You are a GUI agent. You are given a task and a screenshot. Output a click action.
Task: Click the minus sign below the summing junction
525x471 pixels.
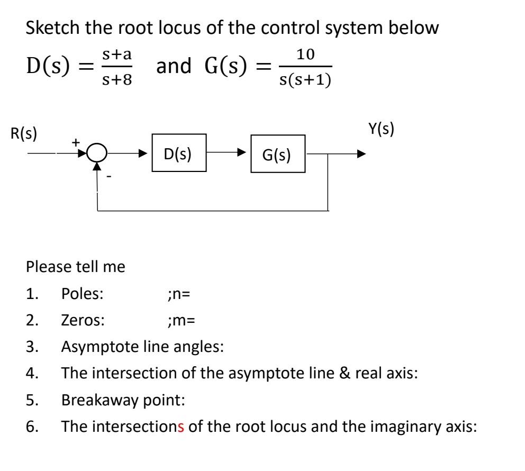108,177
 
